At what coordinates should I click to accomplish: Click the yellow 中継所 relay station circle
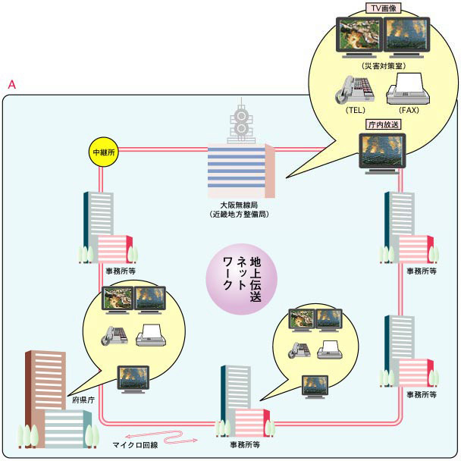pyautogui.click(x=101, y=152)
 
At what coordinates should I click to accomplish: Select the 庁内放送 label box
pyautogui.click(x=382, y=124)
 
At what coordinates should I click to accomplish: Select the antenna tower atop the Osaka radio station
pyautogui.click(x=242, y=121)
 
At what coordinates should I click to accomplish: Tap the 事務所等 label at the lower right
pyautogui.click(x=422, y=395)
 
